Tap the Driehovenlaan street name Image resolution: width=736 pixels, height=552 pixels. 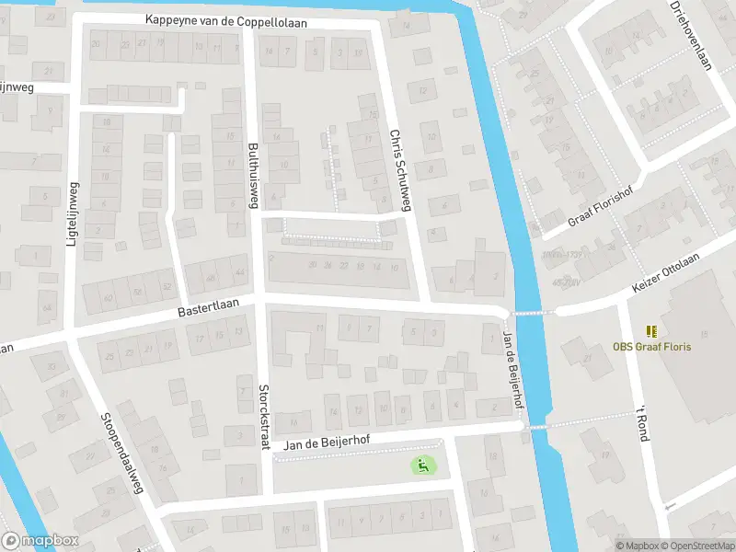[x=692, y=35]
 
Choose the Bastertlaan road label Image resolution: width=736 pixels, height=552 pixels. [x=209, y=307]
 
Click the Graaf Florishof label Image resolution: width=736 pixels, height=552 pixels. [x=603, y=212]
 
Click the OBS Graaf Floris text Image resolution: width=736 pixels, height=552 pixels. [x=651, y=347]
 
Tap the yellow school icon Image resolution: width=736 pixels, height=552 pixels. [x=651, y=331]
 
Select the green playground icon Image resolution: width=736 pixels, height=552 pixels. [x=422, y=466]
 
